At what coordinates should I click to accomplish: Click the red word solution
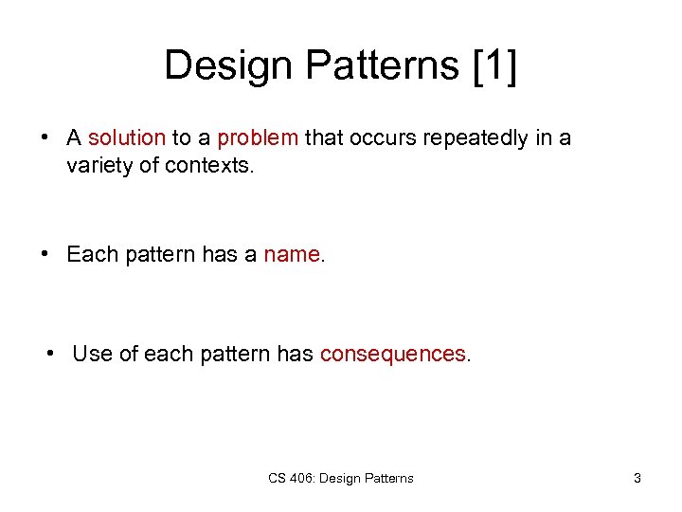click(x=126, y=138)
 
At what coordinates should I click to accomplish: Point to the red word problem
click(x=258, y=138)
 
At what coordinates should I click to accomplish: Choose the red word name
click(x=293, y=255)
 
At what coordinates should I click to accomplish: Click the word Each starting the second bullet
click(x=90, y=255)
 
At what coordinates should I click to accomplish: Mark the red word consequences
click(x=392, y=354)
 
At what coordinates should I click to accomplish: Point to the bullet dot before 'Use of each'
click(x=52, y=354)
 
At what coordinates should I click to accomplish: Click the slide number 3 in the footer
click(x=637, y=478)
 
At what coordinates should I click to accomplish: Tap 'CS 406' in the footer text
click(x=290, y=478)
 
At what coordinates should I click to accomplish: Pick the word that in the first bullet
click(x=324, y=138)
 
